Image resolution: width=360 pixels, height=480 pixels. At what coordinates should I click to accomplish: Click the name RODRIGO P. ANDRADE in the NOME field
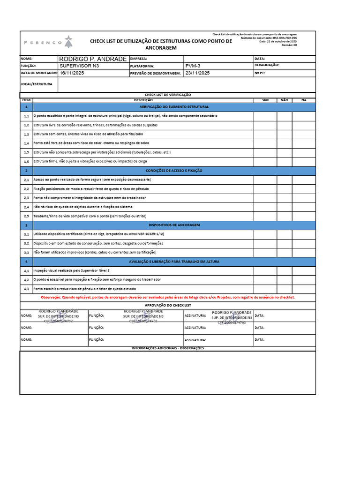(92, 59)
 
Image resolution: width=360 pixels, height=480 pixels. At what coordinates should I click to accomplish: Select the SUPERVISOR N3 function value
(79, 66)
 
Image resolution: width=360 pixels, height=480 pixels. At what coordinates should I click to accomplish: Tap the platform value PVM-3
(193, 66)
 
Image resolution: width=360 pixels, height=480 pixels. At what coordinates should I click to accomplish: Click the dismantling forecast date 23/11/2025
(198, 73)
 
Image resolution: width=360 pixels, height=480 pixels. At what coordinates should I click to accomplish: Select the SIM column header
(265, 100)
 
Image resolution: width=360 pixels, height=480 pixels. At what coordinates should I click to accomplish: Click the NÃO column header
(284, 100)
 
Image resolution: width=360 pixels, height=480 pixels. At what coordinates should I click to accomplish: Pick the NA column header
(304, 100)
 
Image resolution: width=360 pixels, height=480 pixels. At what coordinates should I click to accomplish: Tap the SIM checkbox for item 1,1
(265, 116)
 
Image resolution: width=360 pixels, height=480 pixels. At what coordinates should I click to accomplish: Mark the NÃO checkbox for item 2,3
(284, 198)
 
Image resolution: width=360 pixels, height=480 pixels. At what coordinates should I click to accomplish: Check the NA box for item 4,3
(304, 289)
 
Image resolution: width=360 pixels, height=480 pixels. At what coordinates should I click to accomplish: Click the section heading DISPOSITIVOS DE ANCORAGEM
(174, 225)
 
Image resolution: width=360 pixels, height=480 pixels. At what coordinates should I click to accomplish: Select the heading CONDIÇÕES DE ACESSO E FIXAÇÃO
(174, 171)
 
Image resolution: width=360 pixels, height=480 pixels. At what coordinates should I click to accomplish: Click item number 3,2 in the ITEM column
(26, 243)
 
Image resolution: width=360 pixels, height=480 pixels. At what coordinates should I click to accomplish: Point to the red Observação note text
(168, 297)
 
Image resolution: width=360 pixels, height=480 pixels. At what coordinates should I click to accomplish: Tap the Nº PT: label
(260, 73)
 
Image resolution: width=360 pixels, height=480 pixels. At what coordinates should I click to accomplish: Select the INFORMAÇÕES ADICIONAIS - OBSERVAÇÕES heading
(168, 348)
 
